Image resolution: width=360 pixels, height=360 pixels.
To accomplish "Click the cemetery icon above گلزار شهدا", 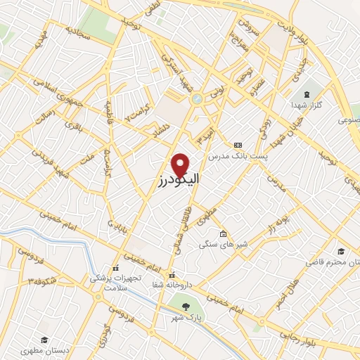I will [305, 94].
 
